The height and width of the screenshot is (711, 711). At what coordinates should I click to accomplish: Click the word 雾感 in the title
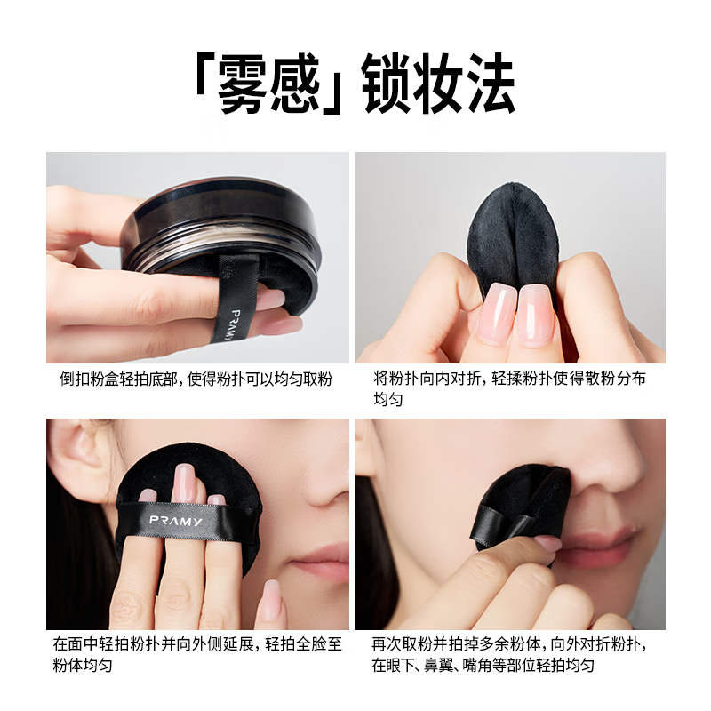tap(270, 87)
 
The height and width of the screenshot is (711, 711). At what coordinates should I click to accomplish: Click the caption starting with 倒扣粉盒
tap(196, 379)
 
